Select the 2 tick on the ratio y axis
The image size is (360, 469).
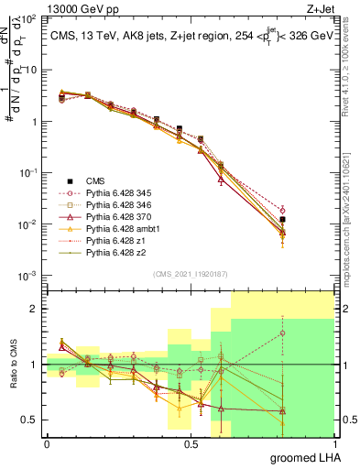click(36, 309)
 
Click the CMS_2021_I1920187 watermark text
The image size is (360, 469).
click(191, 274)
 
